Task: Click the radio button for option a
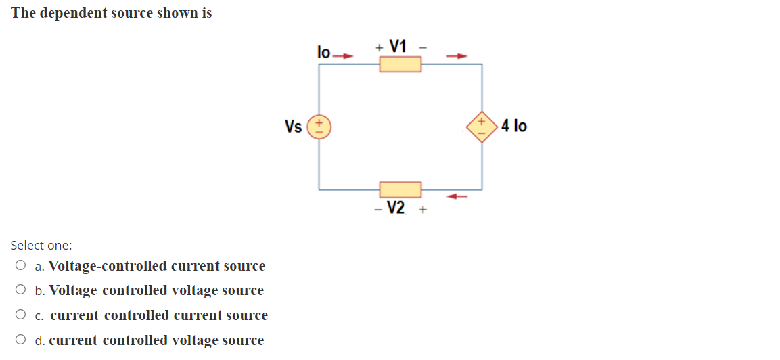pyautogui.click(x=22, y=266)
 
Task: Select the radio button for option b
pyautogui.click(x=22, y=290)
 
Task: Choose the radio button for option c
pyautogui.click(x=22, y=315)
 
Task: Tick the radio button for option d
pyautogui.click(x=22, y=340)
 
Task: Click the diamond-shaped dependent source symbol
pyautogui.click(x=482, y=127)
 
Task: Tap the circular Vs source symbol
pyautogui.click(x=319, y=127)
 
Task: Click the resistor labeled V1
pyautogui.click(x=400, y=64)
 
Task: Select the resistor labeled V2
pyautogui.click(x=400, y=189)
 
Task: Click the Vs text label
pyautogui.click(x=294, y=127)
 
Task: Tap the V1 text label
pyautogui.click(x=398, y=47)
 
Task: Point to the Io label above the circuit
pyautogui.click(x=323, y=52)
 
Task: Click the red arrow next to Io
pyautogui.click(x=345, y=56)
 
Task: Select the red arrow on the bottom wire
pyautogui.click(x=459, y=196)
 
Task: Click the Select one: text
pyautogui.click(x=41, y=246)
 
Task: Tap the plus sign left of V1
pyautogui.click(x=380, y=47)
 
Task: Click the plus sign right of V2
pyautogui.click(x=423, y=210)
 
